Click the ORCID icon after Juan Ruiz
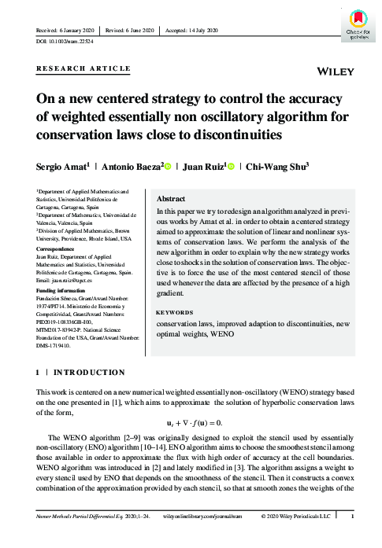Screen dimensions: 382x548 point(232,165)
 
